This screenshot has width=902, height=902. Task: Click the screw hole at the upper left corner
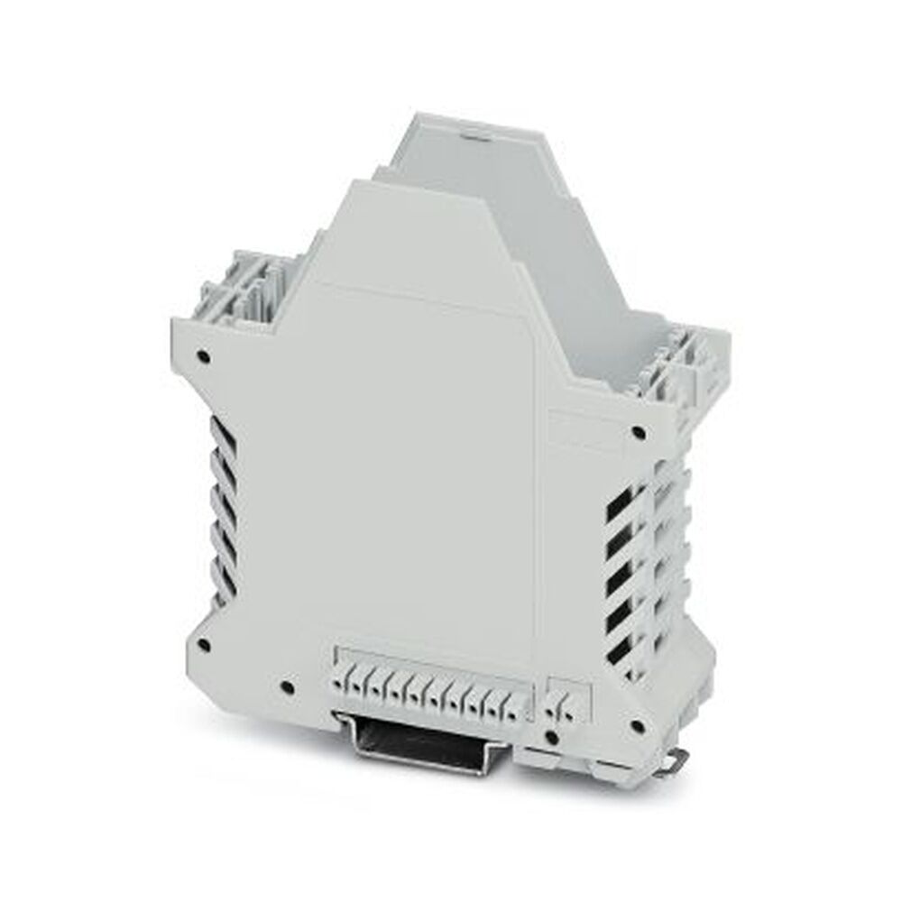coord(205,356)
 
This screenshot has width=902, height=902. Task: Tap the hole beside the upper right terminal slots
coord(639,434)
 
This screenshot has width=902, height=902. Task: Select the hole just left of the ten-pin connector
coord(287,687)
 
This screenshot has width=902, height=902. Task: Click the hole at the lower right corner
coord(638,724)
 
